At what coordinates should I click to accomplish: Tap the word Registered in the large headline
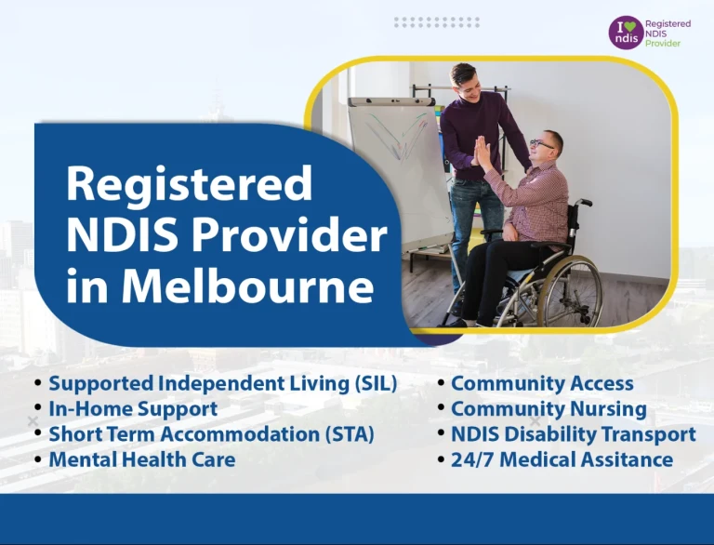(189, 184)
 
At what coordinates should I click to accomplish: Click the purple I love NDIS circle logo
(625, 33)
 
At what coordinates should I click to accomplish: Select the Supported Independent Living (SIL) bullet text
(223, 383)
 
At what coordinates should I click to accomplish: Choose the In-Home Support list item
(133, 408)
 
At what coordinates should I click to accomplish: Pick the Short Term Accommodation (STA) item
(211, 433)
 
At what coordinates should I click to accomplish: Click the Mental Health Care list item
(141, 459)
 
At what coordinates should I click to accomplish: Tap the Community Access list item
(542, 383)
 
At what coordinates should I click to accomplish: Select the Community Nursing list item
(549, 408)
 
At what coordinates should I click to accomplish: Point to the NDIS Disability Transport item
(573, 433)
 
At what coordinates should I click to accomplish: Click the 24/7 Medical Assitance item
(562, 459)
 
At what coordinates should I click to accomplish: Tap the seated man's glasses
(542, 143)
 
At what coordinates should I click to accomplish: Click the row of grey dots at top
(436, 21)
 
